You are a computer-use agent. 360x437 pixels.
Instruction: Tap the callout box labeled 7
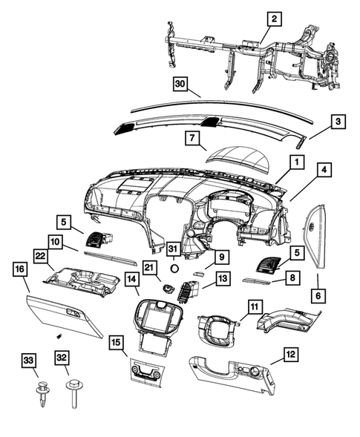pos(191,139)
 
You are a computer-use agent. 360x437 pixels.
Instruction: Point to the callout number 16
pos(19,271)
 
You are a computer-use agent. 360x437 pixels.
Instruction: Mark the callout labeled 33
pos(29,361)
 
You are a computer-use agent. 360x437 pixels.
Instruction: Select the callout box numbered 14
pos(131,280)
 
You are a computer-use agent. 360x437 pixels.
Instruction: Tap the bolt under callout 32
pos(74,393)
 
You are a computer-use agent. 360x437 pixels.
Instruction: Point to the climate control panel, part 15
pos(154,370)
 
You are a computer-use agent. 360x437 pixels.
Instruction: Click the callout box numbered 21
pos(149,268)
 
